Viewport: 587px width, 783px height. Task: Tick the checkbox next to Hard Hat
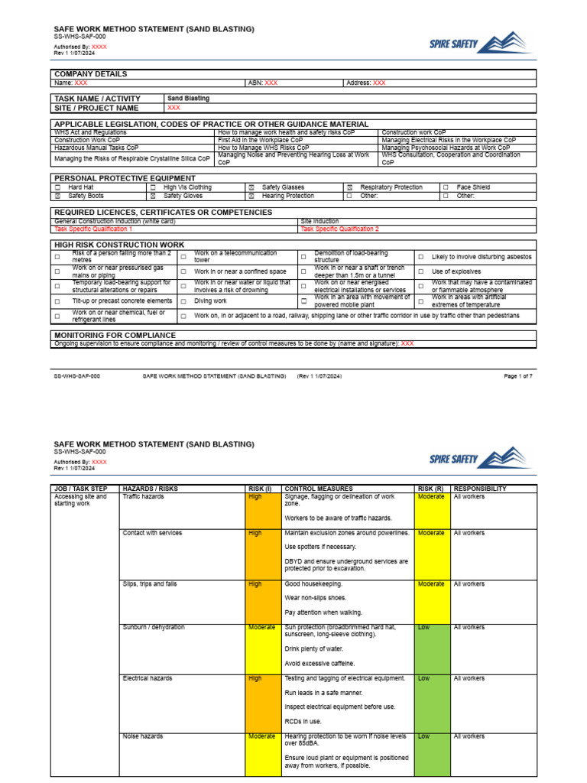coord(57,187)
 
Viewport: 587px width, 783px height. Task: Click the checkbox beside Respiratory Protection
coord(349,187)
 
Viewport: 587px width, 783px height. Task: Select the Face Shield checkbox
coord(446,187)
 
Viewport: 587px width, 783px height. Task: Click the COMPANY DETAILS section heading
coord(90,74)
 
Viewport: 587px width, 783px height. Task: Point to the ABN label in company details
coord(255,83)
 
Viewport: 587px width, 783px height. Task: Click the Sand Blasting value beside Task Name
coord(188,99)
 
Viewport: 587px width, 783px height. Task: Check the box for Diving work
coord(183,301)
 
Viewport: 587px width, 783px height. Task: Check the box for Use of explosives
coord(420,271)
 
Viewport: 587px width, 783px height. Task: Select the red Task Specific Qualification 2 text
coord(339,229)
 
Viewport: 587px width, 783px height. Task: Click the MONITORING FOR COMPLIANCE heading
coord(115,335)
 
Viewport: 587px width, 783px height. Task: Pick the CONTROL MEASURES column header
coord(318,488)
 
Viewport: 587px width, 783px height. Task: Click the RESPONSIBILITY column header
coord(479,488)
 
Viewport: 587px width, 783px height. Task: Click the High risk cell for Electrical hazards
coord(255,678)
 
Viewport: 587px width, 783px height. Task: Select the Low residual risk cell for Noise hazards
coord(423,736)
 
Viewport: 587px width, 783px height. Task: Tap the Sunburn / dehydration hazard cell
coord(154,627)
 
